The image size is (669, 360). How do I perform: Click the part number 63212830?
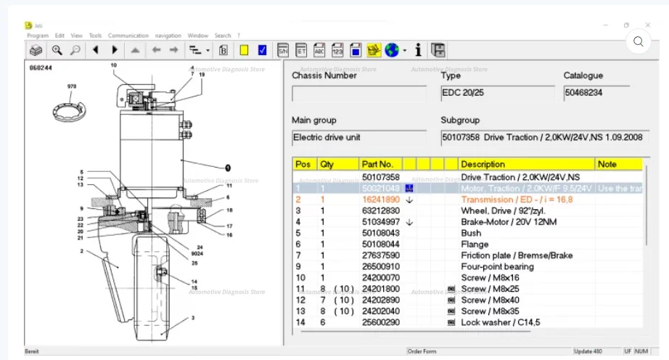[x=381, y=210]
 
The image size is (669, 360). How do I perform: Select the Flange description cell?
[x=475, y=245]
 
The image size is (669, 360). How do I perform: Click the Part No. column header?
[x=377, y=165]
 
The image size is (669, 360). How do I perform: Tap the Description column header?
[x=483, y=165]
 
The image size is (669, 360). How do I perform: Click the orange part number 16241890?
[x=381, y=200]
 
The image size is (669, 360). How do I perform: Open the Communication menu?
[x=128, y=36]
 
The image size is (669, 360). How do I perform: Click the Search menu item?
[x=222, y=36]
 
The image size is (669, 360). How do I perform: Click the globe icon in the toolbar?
[x=392, y=50]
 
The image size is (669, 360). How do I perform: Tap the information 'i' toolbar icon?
[x=418, y=50]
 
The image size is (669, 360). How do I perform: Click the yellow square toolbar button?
[x=245, y=50]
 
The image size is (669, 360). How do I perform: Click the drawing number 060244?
[x=41, y=67]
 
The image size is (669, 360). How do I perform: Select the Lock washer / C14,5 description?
[x=501, y=322]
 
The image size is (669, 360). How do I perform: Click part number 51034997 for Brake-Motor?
[x=381, y=222]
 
